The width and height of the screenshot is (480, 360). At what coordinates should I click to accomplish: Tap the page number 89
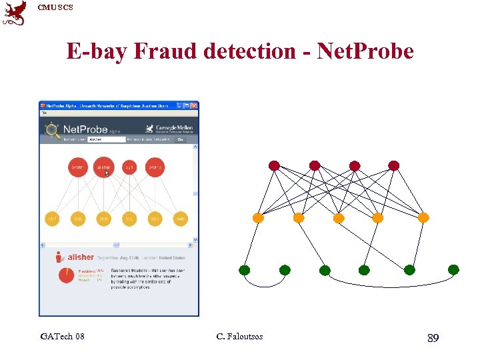[x=433, y=339]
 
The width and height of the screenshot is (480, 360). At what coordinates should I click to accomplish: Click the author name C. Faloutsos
[x=239, y=337]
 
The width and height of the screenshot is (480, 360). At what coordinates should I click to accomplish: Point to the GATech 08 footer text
[x=62, y=337]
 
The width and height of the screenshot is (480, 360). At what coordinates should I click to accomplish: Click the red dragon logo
[x=15, y=13]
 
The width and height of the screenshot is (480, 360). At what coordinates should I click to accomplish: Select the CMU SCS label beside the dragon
[x=55, y=7]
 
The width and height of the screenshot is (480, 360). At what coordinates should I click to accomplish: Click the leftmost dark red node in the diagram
[x=274, y=165]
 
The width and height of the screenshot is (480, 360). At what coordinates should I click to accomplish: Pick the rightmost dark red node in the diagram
[x=394, y=165]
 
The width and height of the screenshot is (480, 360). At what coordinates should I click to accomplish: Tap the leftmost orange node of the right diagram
[x=258, y=218]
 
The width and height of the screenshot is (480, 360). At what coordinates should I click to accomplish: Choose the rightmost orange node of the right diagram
[x=423, y=218]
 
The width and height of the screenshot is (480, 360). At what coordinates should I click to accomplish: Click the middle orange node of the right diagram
[x=339, y=218]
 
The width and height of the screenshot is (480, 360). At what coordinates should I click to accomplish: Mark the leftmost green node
[x=245, y=270]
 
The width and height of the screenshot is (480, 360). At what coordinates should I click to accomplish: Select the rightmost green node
[x=453, y=270]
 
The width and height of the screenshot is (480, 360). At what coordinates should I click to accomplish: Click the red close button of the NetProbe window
[x=194, y=105]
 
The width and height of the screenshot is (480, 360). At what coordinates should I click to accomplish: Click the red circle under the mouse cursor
[x=103, y=167]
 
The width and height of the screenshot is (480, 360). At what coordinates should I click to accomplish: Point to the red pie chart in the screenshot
[x=66, y=275]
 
